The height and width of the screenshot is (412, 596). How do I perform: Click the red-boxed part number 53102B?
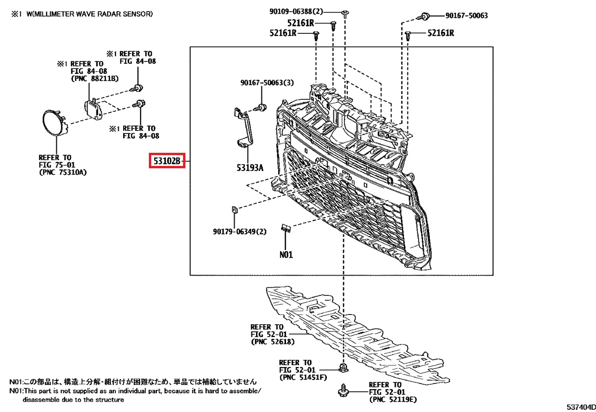167,161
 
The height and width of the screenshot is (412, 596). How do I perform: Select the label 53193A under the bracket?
250,167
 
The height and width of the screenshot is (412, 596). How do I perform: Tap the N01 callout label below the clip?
286,255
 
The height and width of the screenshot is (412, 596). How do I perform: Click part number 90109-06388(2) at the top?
296,11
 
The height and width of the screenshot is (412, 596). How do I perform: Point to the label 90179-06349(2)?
240,232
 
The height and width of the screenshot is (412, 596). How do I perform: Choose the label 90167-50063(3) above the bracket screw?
267,82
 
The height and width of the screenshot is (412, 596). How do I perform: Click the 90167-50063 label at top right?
467,15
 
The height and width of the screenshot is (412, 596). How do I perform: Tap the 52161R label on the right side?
441,33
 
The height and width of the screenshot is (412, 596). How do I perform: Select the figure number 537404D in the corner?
581,407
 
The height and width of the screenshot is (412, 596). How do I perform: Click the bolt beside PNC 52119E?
343,390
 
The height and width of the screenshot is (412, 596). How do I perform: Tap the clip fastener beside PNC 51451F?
344,368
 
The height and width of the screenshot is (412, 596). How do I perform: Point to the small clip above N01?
286,228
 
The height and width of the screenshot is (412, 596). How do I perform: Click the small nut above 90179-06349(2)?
235,210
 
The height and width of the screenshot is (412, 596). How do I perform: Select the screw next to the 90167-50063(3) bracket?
261,108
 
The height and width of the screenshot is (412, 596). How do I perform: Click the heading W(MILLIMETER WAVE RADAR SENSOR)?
90,14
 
